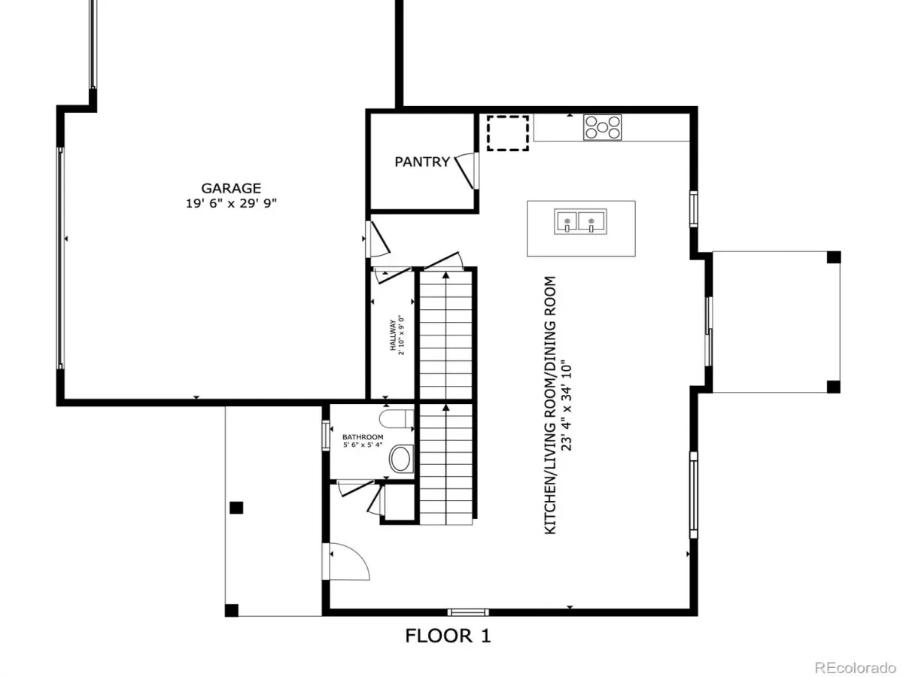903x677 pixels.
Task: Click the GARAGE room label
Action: (x=231, y=188)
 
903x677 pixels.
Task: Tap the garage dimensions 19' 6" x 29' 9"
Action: (x=231, y=203)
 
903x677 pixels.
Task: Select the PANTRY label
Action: (x=421, y=162)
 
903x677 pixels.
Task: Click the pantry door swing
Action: (x=464, y=171)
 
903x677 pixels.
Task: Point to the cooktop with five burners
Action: (x=602, y=127)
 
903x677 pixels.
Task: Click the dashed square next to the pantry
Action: (x=508, y=133)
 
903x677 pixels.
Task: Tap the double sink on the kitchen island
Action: (x=580, y=222)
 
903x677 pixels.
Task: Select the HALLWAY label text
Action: (x=393, y=335)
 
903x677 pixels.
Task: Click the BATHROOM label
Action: (x=363, y=437)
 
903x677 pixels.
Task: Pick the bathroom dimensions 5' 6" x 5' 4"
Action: (x=363, y=445)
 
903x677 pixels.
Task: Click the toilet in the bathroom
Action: (x=396, y=418)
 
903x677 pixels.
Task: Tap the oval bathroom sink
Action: (x=400, y=459)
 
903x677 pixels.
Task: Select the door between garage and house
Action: (x=376, y=239)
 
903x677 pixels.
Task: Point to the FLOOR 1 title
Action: (x=448, y=636)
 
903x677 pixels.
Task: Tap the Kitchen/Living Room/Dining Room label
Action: (x=550, y=405)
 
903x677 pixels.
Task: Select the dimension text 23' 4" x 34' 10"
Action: (x=567, y=405)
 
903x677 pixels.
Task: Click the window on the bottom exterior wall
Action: (x=468, y=612)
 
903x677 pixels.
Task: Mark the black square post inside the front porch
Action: (x=236, y=508)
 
